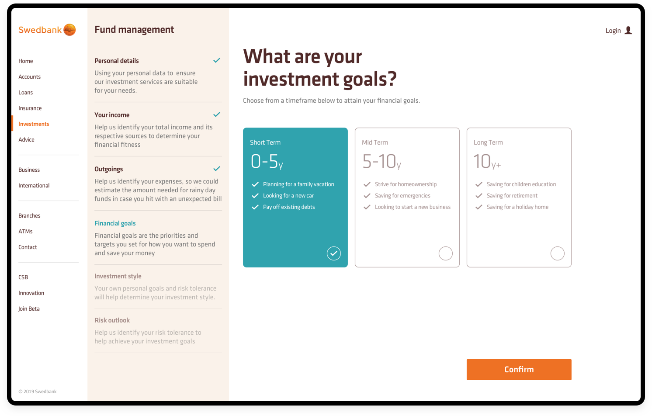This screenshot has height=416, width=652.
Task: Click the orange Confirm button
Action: point(519,370)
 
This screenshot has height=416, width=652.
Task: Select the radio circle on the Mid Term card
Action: point(445,253)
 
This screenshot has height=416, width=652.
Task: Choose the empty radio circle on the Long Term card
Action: point(557,253)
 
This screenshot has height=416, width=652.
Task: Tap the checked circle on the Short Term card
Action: point(333,253)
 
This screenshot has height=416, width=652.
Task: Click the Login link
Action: point(613,31)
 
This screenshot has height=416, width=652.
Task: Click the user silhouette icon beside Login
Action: point(628,30)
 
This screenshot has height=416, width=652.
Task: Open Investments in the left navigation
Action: point(34,124)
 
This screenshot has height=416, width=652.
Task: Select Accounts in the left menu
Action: point(29,77)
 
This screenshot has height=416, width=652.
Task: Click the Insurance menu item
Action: point(30,108)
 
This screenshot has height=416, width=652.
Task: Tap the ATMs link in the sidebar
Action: point(25,232)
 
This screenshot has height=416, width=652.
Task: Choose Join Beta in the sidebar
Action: point(29,309)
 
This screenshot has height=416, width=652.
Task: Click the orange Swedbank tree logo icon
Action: point(69,30)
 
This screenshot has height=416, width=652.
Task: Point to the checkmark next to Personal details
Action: point(216,60)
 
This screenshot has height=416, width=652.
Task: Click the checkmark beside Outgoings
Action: point(216,169)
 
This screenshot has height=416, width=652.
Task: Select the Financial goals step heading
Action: point(115,223)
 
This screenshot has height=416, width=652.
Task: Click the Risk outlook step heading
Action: point(112,320)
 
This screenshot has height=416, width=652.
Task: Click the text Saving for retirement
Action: point(512,196)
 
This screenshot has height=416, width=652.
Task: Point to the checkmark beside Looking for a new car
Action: point(255,196)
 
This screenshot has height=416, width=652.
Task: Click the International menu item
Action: point(34,186)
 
